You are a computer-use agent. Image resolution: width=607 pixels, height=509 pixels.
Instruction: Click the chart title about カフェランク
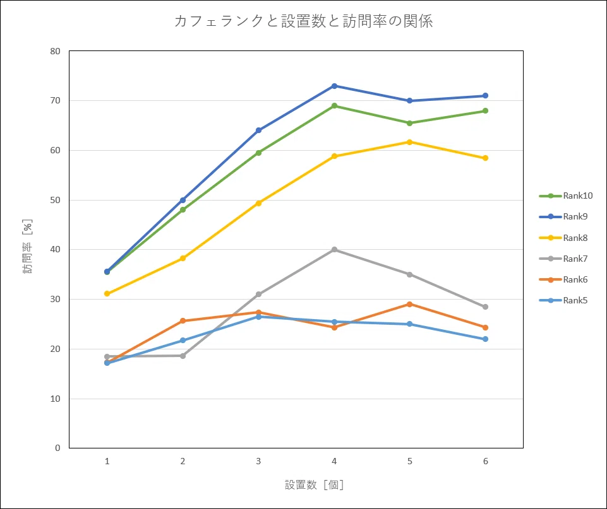pyautogui.click(x=303, y=21)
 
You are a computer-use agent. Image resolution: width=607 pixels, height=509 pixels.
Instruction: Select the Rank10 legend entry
pyautogui.click(x=565, y=196)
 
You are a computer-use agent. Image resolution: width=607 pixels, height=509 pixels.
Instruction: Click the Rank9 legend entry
pyautogui.click(x=565, y=217)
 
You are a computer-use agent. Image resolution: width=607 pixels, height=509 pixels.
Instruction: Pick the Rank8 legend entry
pyautogui.click(x=565, y=238)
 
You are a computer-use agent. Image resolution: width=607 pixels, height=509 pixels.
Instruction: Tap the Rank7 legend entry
pyautogui.click(x=565, y=259)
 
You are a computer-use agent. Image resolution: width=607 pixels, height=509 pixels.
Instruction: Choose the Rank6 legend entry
pyautogui.click(x=565, y=279)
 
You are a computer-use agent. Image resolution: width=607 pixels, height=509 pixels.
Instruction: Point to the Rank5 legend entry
pyautogui.click(x=565, y=300)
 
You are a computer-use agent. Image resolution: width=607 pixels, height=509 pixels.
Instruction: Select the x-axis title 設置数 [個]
pyautogui.click(x=314, y=484)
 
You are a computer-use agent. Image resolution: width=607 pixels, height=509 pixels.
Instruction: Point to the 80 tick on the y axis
pyautogui.click(x=55, y=51)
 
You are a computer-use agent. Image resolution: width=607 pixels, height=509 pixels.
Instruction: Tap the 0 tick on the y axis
pyautogui.click(x=57, y=448)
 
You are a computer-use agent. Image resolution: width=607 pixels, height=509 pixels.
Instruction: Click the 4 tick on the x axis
pyautogui.click(x=334, y=462)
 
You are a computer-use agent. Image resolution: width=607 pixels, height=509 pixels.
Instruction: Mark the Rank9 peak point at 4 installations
pyautogui.click(x=334, y=86)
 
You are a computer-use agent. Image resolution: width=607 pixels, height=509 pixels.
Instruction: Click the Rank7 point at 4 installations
pyautogui.click(x=334, y=250)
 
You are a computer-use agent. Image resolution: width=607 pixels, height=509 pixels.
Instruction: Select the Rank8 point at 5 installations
pyautogui.click(x=410, y=142)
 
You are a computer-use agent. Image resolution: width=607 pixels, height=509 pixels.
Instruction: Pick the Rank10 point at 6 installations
pyautogui.click(x=485, y=111)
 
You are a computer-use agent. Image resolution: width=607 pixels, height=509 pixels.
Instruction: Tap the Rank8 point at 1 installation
pyautogui.click(x=107, y=294)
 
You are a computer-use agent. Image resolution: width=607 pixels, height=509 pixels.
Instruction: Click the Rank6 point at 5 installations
pyautogui.click(x=410, y=304)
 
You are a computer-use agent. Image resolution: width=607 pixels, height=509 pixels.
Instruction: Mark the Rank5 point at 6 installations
pyautogui.click(x=485, y=339)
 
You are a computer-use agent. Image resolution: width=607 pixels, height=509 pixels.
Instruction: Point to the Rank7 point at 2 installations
pyautogui.click(x=183, y=356)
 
